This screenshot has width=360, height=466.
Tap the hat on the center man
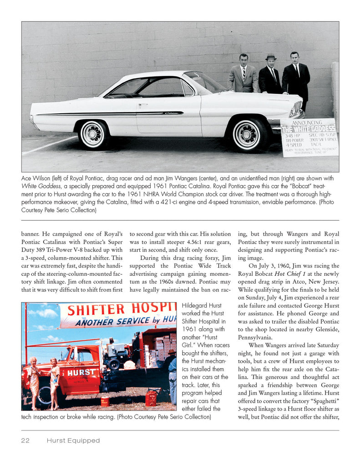point(271,57)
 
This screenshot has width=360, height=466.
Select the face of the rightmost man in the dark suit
point(294,58)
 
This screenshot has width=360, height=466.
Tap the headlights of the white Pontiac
point(296,109)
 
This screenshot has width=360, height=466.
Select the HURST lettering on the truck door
point(81,372)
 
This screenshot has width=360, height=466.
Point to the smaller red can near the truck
point(105,401)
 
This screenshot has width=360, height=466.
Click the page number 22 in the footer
point(25,441)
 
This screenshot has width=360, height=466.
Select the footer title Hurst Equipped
point(73,441)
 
